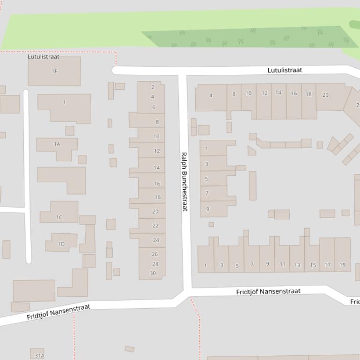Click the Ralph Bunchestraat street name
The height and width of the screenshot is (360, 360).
[x=184, y=182]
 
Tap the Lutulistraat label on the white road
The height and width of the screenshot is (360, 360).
[x=285, y=70]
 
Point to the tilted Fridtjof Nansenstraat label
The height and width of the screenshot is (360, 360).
[x=58, y=312]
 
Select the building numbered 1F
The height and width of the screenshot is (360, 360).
[x=54, y=71]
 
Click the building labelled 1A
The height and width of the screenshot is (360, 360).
[x=57, y=144]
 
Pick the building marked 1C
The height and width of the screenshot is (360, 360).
[x=59, y=217]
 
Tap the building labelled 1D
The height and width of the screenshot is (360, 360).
[x=61, y=244]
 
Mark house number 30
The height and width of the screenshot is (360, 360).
[x=153, y=273]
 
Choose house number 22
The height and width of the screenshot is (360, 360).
[x=155, y=225]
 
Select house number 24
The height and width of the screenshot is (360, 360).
[x=156, y=240]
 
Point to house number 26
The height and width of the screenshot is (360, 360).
[x=155, y=254]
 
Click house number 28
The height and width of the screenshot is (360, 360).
[x=155, y=264]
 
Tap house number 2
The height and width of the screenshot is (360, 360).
[x=153, y=87]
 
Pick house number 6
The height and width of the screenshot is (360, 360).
[x=153, y=107]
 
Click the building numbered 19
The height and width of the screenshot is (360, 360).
[x=342, y=264]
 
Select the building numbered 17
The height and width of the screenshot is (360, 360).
[x=327, y=264]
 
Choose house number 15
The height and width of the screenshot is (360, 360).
[x=313, y=265]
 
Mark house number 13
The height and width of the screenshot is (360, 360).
[x=297, y=265]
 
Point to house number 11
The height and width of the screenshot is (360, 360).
[x=282, y=264]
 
